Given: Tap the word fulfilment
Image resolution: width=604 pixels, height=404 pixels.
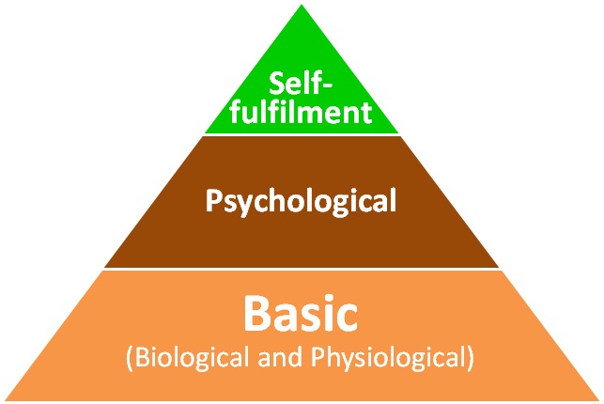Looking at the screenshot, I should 301,114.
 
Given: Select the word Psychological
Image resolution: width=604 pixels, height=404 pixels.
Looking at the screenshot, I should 302,200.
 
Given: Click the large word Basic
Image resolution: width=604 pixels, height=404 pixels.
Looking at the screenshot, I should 301,313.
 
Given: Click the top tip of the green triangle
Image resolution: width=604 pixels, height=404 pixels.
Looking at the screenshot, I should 302,7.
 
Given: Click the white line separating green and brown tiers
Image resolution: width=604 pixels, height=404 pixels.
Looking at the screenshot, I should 301,134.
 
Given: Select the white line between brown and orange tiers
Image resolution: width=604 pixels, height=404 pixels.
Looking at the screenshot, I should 301,270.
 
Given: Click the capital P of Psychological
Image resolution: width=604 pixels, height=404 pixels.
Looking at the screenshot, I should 212,200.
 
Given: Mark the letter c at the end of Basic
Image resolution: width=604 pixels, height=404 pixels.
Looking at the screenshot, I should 348,317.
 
